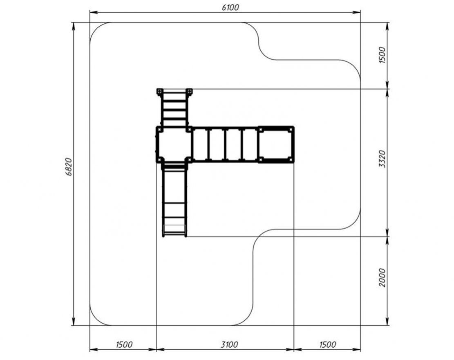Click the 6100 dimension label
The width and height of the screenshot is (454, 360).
coord(230,7)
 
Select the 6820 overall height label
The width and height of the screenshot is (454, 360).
coord(69,167)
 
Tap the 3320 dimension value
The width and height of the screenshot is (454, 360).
coord(382,159)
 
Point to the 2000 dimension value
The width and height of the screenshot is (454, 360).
coord(382,278)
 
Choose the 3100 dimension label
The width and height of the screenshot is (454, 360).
coord(229,344)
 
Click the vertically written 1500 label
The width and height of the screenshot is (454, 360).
coord(382,55)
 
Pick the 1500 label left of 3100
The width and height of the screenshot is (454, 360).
coord(124,344)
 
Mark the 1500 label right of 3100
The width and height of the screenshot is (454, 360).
coord(327,344)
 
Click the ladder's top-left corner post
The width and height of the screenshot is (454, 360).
coord(160,92)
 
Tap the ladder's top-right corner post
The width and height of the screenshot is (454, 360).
coord(189,92)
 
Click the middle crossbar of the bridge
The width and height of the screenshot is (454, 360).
coord(225,144)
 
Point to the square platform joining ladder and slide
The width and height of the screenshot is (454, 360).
coord(174,144)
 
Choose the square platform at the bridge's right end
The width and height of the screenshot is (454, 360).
coord(276,144)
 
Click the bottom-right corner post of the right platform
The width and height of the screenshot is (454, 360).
coord(290,159)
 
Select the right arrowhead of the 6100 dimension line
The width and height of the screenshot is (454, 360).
coord(357,12)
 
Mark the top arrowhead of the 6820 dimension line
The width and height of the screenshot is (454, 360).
coord(74,26)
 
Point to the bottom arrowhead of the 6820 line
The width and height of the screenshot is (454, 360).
coord(74,321)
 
